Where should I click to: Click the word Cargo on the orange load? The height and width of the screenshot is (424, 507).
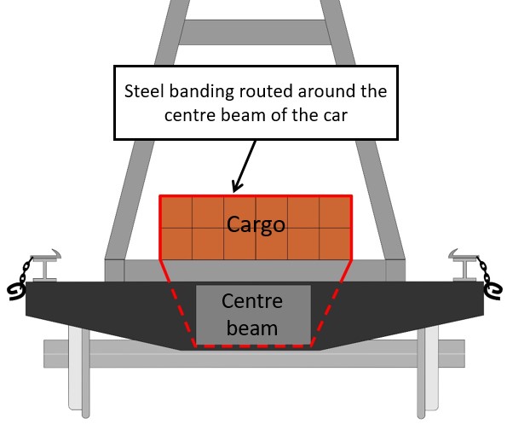click(256, 224)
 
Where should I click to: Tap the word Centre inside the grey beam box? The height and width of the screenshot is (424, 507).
click(252, 301)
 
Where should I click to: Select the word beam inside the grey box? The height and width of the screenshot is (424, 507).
click(252, 328)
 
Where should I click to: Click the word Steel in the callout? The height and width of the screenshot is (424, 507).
click(144, 91)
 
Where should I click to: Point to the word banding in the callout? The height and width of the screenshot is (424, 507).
click(201, 92)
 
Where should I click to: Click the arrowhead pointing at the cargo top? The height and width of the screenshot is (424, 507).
click(237, 187)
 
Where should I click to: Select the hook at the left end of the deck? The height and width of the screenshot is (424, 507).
click(15, 292)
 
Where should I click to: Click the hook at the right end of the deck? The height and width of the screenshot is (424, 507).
click(493, 291)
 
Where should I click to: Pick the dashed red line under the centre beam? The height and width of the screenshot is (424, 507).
click(253, 346)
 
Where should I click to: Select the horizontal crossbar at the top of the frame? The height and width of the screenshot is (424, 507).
click(255, 32)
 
